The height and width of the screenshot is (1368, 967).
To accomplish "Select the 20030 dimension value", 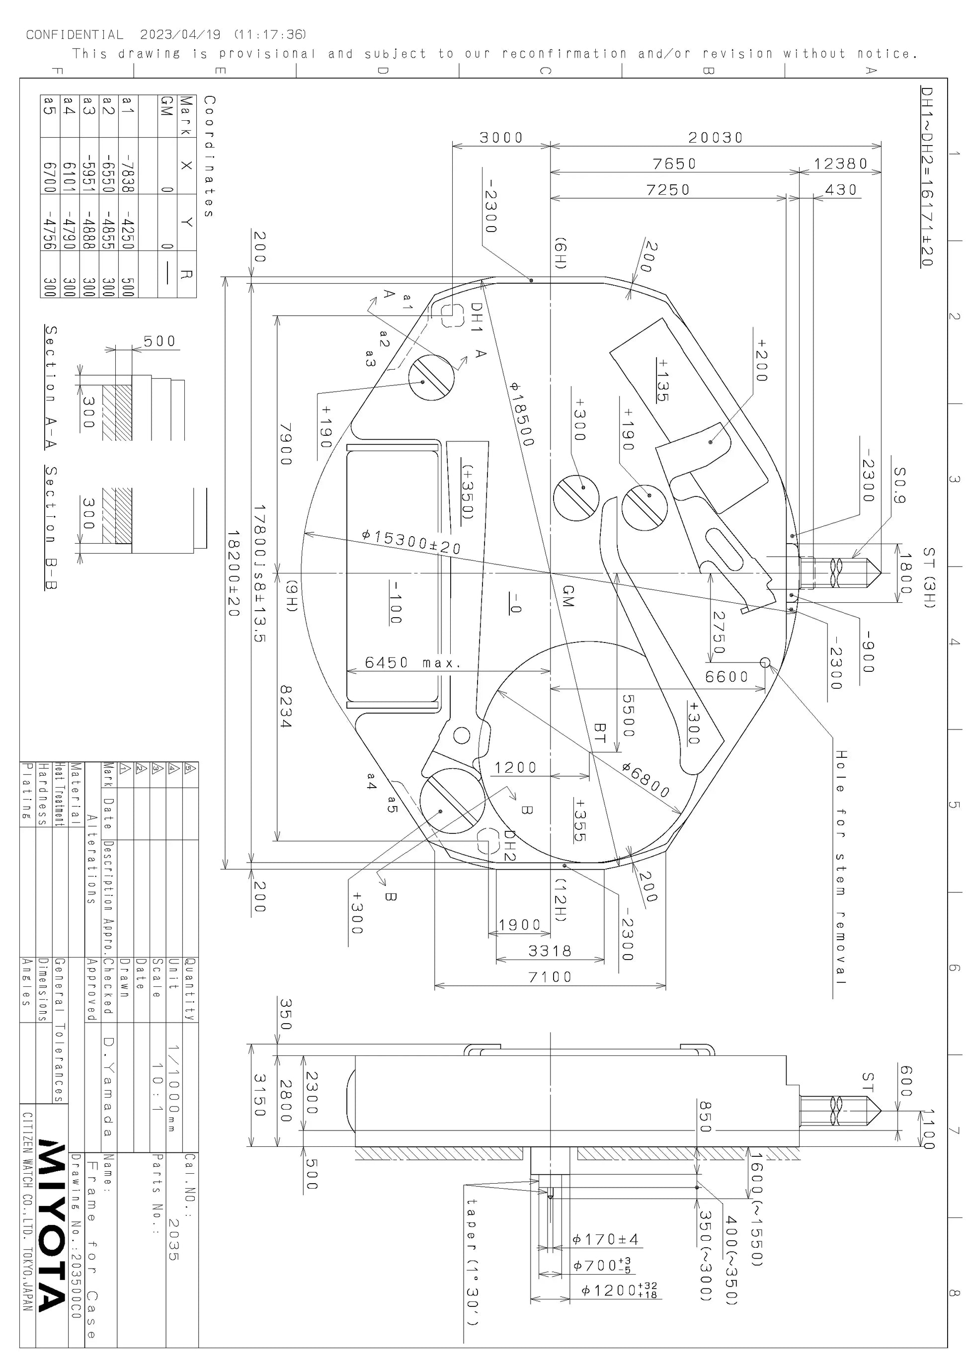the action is click(x=716, y=138).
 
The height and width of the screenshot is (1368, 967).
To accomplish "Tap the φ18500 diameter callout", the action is click(x=522, y=413).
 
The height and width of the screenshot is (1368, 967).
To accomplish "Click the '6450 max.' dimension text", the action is click(x=413, y=662).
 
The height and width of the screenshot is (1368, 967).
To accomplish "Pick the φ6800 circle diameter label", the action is click(x=646, y=779).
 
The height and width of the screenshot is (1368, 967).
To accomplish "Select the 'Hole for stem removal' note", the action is click(x=840, y=867).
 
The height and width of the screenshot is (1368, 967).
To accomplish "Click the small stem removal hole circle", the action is click(x=765, y=662).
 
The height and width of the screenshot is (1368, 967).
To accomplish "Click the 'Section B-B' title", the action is click(x=51, y=528).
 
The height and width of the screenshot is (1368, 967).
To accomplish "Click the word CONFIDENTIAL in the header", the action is click(x=75, y=35).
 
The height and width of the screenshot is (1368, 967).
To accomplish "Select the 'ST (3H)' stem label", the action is click(x=929, y=577).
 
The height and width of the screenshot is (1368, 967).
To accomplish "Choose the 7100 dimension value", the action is click(x=549, y=976).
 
